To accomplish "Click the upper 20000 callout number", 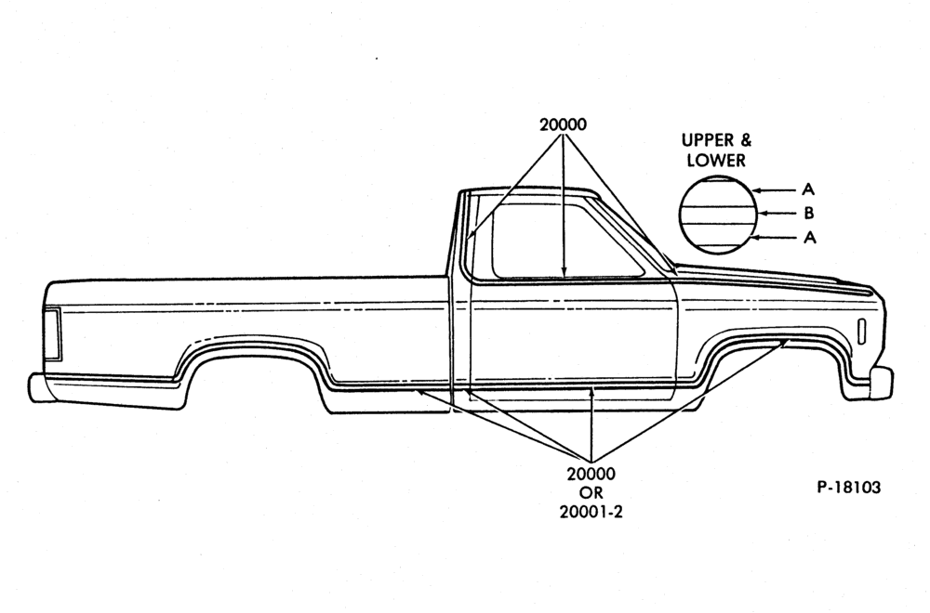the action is pos(563,124).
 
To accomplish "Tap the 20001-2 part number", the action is pos(591,512).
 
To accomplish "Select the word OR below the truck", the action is pos(591,493).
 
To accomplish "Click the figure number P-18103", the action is pos(849,487).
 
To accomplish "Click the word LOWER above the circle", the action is pos(716,161).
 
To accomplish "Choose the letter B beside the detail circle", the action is pos(808,214).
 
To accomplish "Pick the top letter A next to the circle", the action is pos(808,189).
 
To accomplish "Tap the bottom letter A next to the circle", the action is pos(810,238).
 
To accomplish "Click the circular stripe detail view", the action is pos(718,215).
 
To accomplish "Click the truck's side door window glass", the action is pos(564,240).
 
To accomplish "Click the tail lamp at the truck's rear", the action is pos(51,334).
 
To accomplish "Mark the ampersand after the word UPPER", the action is pos(745,140).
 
